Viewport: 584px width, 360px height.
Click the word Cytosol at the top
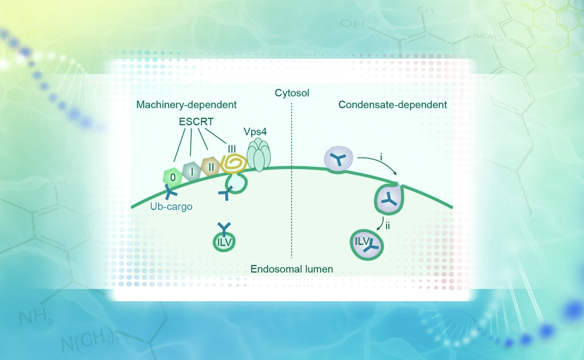pos(292,92)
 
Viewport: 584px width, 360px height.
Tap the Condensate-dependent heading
pos(393,105)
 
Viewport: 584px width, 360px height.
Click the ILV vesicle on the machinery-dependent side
pos(224,238)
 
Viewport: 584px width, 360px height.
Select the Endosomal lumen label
pos(292,269)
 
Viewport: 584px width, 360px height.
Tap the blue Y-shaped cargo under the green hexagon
pos(171,194)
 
